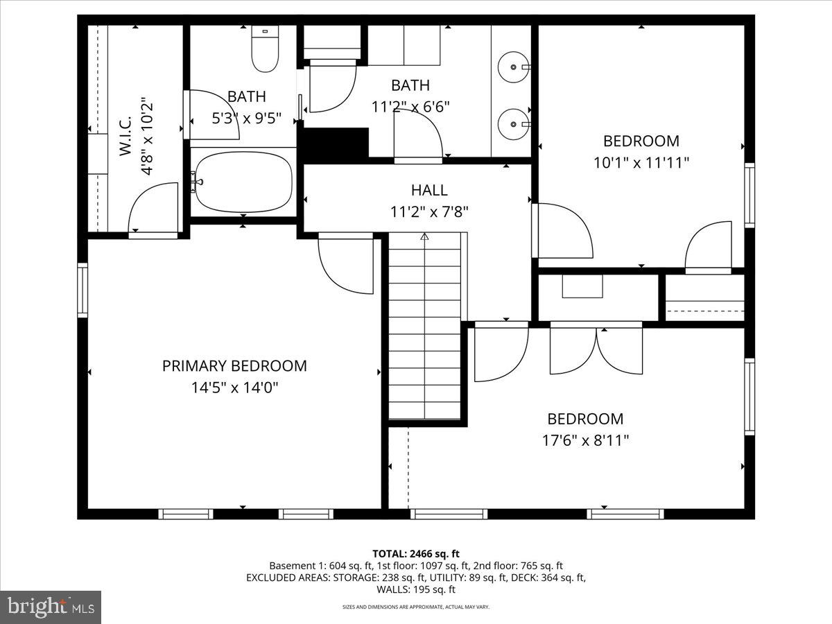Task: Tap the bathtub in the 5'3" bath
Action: click(x=243, y=183)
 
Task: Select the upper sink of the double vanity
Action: click(x=514, y=67)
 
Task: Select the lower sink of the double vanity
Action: click(x=514, y=124)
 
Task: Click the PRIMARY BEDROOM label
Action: click(x=234, y=365)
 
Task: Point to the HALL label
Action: click(x=429, y=190)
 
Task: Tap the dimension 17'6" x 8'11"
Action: click(x=586, y=440)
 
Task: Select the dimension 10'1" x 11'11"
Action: click(x=641, y=162)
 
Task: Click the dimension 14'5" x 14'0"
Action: click(x=234, y=387)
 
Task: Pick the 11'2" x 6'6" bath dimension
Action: click(x=410, y=107)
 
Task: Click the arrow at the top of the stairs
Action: click(x=424, y=237)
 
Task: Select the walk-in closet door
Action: click(x=154, y=208)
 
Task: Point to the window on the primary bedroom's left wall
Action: click(x=83, y=290)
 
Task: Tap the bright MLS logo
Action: click(x=51, y=607)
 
